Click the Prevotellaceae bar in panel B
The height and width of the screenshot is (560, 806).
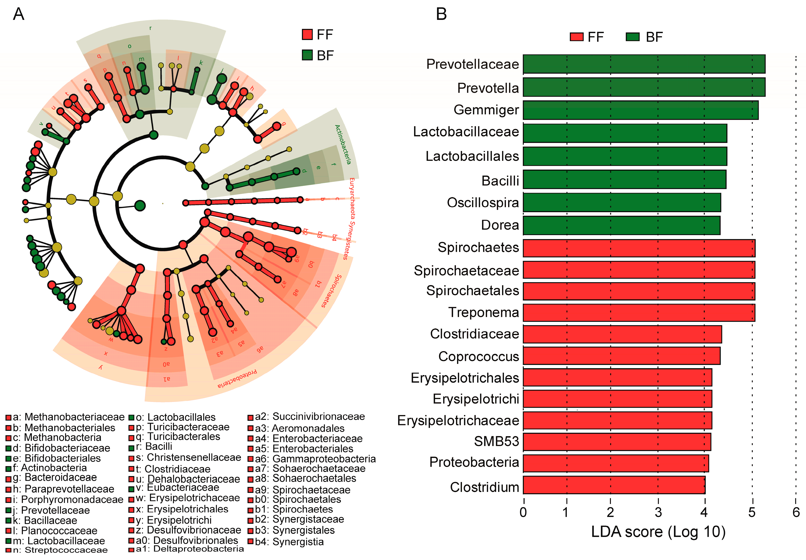(644, 64)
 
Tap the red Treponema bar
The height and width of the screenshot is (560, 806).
(639, 312)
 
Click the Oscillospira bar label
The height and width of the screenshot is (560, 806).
(483, 203)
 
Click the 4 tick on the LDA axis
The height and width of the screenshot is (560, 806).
(704, 512)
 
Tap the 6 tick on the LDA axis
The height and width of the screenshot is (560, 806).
(796, 512)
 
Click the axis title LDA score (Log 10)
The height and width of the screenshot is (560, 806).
(658, 532)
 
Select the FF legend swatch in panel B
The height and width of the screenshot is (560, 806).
(576, 37)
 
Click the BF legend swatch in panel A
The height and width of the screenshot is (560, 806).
(307, 55)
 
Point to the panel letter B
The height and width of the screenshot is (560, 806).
(441, 14)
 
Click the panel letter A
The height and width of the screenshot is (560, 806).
(19, 14)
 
